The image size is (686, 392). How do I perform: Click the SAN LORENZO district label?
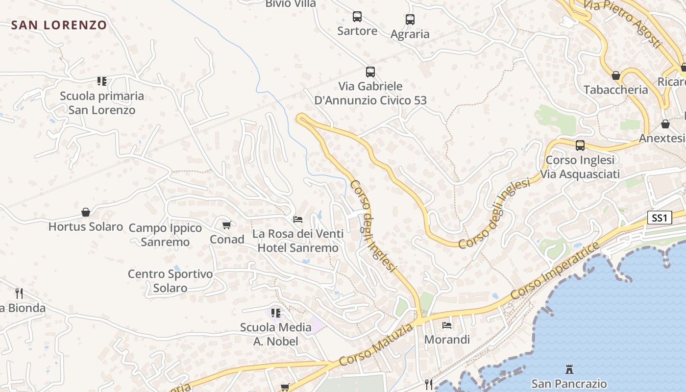coord(59,25)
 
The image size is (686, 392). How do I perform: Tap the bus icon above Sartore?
coord(357,17)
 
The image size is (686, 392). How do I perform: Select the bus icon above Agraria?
coord(410,20)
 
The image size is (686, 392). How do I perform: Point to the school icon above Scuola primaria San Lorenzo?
coord(102,81)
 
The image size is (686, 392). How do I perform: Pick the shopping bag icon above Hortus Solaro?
coord(86,212)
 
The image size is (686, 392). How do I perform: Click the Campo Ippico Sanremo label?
coord(165,235)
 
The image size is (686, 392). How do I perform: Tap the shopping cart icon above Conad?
coord(226,225)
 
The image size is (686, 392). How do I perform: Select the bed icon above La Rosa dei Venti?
coord(298,219)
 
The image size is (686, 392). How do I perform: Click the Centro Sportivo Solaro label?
coord(170,281)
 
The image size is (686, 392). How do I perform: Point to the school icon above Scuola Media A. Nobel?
coord(276,313)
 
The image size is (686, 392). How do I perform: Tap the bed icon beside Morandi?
coord(447,325)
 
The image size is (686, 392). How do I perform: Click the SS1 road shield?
coord(659,218)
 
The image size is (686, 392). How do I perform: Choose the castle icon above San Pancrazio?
coord(569,369)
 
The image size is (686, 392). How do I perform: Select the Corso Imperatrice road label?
coord(555,270)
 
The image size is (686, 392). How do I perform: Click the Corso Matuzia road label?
coord(376,344)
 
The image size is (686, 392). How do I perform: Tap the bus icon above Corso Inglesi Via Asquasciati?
coord(580,146)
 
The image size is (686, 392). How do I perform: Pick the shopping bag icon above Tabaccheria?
coord(616,75)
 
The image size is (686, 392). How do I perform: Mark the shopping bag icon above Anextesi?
coord(665,124)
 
